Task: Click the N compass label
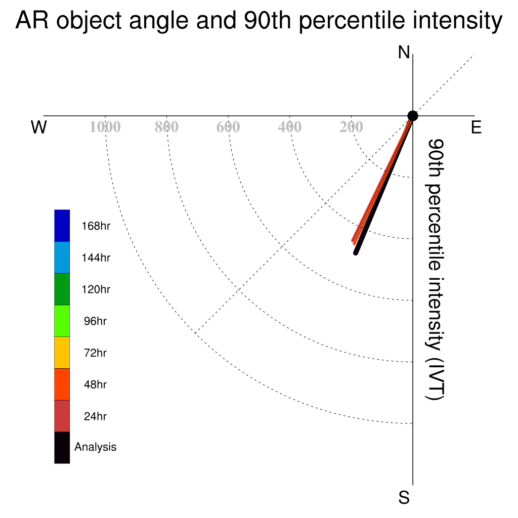click(x=404, y=53)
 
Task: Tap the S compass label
click(x=404, y=498)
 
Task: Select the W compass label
click(x=39, y=127)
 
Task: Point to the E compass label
click(x=476, y=127)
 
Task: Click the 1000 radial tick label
click(x=105, y=127)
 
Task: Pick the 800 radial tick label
click(x=166, y=127)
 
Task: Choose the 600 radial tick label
click(x=228, y=127)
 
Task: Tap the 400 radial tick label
click(x=290, y=127)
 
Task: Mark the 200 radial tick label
click(x=351, y=127)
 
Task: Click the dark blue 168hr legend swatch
click(x=62, y=226)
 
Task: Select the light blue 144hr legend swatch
click(x=62, y=257)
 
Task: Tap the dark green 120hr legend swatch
click(x=62, y=289)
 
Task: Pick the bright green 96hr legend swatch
click(x=62, y=321)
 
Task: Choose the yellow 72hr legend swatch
click(x=62, y=353)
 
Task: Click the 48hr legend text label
click(x=95, y=384)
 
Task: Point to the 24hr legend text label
click(x=95, y=416)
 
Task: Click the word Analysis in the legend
click(x=96, y=447)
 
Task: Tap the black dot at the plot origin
click(x=413, y=116)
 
